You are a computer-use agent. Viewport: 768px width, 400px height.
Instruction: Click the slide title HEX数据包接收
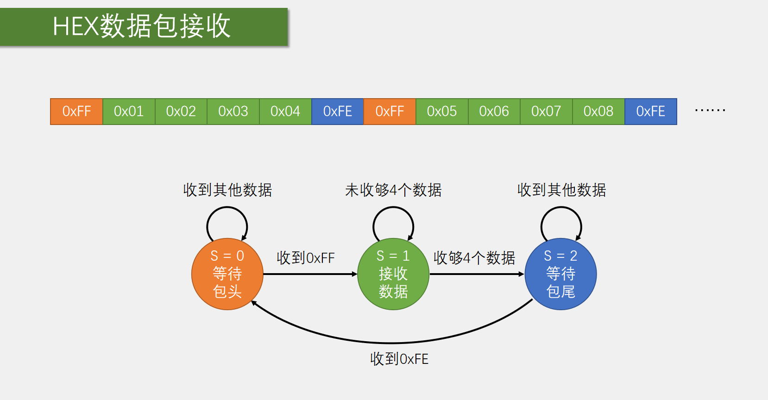pyautogui.click(x=142, y=26)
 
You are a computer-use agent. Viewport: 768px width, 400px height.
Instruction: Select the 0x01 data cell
pyautogui.click(x=129, y=112)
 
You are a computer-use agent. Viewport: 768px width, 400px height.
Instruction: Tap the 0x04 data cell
pyautogui.click(x=285, y=112)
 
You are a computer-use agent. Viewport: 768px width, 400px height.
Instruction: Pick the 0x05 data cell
pyautogui.click(x=442, y=112)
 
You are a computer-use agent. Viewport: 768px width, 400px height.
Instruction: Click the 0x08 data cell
pyautogui.click(x=598, y=112)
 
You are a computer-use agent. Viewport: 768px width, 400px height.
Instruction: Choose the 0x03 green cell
pyautogui.click(x=233, y=112)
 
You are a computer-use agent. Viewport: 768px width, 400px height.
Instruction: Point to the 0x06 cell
pyautogui.click(x=494, y=112)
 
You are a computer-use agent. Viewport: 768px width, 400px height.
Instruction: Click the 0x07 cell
pyautogui.click(x=546, y=112)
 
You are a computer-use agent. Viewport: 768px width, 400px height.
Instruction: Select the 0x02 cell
pyautogui.click(x=181, y=112)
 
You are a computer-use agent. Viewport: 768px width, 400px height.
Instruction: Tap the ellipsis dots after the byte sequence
pyautogui.click(x=710, y=111)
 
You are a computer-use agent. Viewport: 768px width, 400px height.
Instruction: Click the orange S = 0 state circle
pyautogui.click(x=227, y=274)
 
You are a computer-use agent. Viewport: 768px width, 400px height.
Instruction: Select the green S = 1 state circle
pyautogui.click(x=393, y=274)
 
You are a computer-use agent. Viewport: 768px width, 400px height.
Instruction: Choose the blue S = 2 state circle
pyautogui.click(x=560, y=274)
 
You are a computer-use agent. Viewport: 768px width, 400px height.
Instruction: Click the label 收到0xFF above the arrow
pyautogui.click(x=306, y=258)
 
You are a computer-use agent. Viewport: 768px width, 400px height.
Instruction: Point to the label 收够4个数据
pyautogui.click(x=474, y=258)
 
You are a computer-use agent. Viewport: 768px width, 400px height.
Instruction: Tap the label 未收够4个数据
pyautogui.click(x=393, y=190)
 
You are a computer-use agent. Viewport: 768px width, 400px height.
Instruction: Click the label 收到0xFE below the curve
pyautogui.click(x=399, y=359)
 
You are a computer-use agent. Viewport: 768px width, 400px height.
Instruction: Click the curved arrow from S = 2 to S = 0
pyautogui.click(x=392, y=343)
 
